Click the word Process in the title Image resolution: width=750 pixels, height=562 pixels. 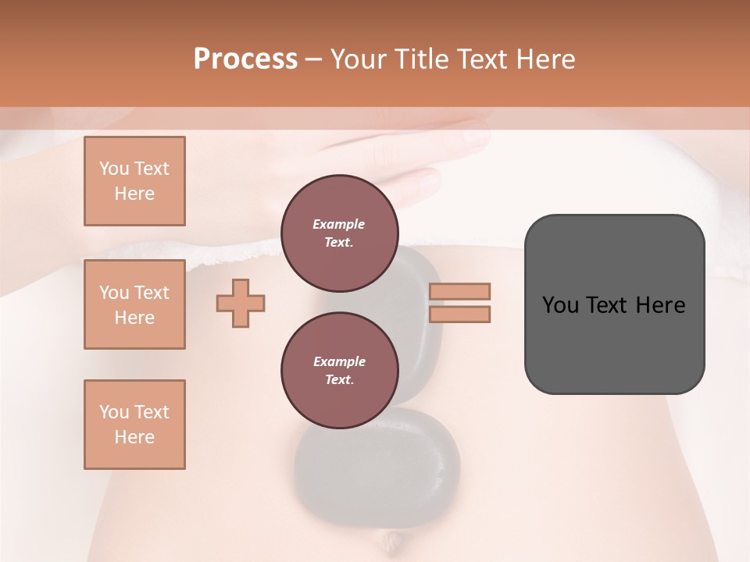(x=245, y=59)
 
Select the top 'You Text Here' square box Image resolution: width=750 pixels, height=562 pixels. (x=134, y=181)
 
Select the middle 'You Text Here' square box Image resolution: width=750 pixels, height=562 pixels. (x=134, y=304)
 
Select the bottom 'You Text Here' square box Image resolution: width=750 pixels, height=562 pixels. (x=134, y=425)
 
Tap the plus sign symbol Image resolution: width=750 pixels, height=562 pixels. (x=241, y=303)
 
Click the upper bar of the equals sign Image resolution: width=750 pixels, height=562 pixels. (x=459, y=291)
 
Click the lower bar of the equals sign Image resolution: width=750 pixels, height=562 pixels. (x=459, y=315)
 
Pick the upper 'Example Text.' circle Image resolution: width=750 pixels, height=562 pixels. (x=339, y=233)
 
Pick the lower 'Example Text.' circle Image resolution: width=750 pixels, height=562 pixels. (x=339, y=371)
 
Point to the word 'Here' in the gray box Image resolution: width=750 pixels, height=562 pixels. (x=660, y=305)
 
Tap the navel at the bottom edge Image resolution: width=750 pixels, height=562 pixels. (x=391, y=538)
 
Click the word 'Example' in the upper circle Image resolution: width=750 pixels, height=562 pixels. (x=339, y=224)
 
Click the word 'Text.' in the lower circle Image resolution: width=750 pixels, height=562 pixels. (x=339, y=380)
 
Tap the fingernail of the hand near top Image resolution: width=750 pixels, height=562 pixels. (x=474, y=138)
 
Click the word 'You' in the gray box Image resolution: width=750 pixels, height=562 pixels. (x=560, y=305)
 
